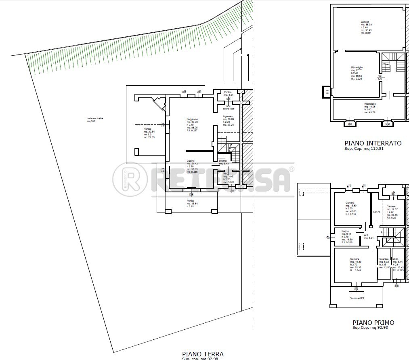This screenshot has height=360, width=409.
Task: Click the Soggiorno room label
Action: point(192,119)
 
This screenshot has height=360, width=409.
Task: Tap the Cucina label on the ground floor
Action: point(191,160)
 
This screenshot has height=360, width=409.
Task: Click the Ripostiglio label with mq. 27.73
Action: point(357,67)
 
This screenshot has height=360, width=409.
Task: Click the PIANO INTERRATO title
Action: point(373,143)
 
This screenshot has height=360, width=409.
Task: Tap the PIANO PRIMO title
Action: point(373,322)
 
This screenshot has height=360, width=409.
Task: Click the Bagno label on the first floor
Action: point(345,231)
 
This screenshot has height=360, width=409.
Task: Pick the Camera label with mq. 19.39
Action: point(355,259)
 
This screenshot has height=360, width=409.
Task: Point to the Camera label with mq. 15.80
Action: point(350,202)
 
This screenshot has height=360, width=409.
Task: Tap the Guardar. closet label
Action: point(384,259)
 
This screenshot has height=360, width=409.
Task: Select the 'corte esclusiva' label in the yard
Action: point(95,118)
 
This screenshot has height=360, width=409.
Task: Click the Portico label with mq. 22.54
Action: point(147,128)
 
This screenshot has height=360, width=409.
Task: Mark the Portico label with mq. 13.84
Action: point(191,201)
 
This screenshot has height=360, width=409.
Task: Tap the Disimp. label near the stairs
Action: point(223,160)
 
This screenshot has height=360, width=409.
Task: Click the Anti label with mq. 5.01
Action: point(366,235)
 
